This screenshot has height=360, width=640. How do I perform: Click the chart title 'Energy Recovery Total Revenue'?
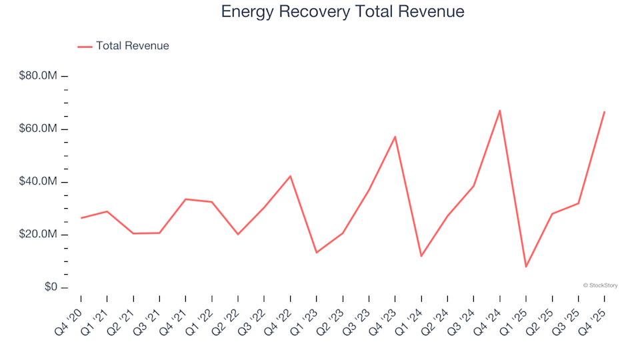[342, 12]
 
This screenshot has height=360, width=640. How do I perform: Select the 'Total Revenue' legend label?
[132, 46]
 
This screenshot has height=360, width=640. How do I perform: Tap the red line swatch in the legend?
[85, 47]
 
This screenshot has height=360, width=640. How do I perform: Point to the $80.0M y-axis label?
[39, 76]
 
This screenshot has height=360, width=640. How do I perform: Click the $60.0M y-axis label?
[39, 129]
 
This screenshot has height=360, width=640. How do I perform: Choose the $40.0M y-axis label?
[39, 182]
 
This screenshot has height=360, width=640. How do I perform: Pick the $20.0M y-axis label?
[39, 235]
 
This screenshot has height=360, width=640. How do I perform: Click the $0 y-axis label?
[49, 287]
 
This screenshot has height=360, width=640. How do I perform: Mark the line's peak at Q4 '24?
[499, 111]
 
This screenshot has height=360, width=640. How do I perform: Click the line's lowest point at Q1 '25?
[526, 267]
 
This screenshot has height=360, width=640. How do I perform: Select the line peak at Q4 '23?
[395, 137]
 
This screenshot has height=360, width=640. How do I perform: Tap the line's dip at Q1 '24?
[421, 256]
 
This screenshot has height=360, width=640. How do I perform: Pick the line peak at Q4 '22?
[291, 176]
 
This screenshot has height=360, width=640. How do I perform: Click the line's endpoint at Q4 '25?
[604, 112]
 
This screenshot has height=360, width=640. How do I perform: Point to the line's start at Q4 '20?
[81, 218]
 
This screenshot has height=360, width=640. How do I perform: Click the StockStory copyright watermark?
[600, 285]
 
